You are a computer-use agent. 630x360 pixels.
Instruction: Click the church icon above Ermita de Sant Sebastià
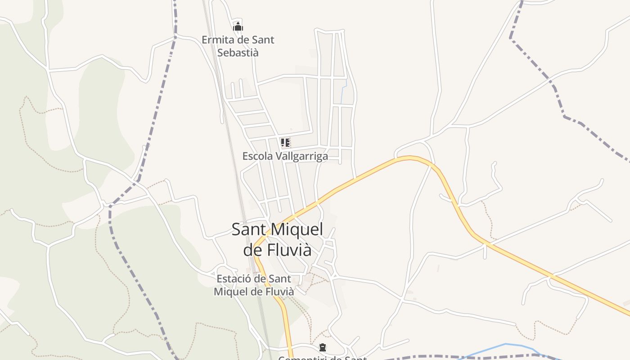pos(238,27)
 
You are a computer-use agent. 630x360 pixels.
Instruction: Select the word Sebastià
pos(238,52)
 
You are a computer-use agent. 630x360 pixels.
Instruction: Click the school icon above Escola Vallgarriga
pos(285,143)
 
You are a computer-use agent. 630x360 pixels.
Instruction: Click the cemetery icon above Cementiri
pos(323,347)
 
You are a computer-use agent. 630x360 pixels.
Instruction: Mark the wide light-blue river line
pos(504,345)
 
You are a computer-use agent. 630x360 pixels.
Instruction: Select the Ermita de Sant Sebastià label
pos(238,46)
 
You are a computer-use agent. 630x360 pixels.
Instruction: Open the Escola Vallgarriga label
pos(285,156)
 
